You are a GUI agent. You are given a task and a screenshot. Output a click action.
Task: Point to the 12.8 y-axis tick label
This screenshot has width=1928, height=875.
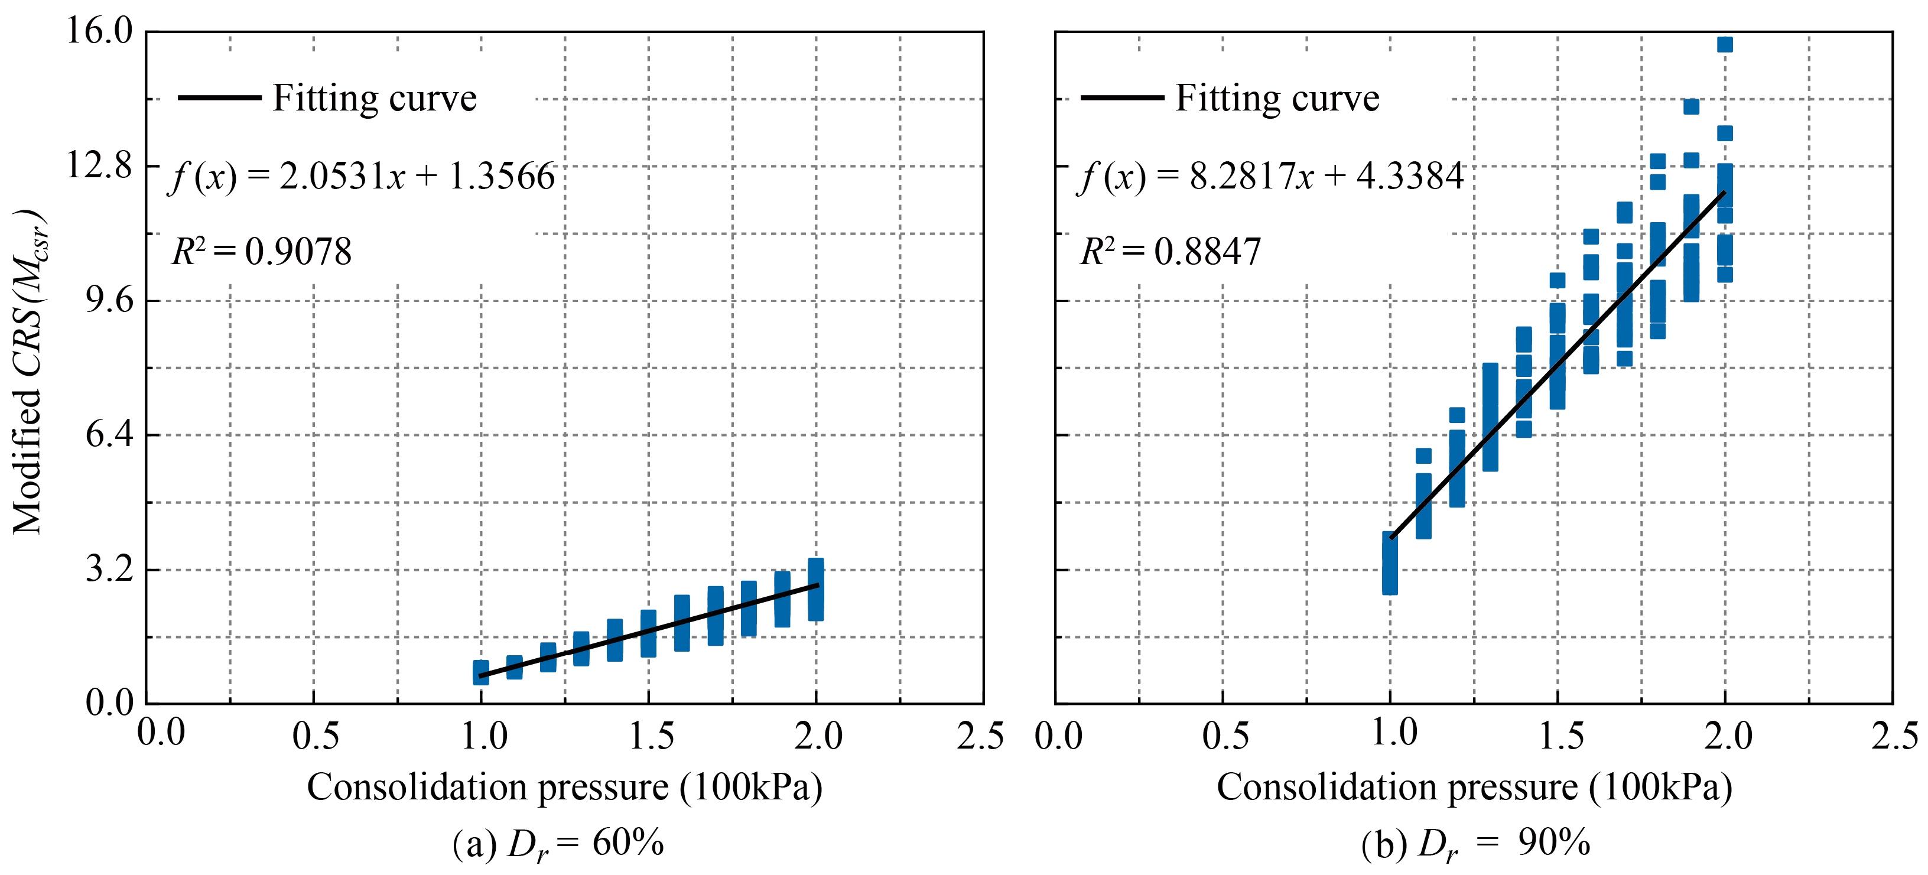99,165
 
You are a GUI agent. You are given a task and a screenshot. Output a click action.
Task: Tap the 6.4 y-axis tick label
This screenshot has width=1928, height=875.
109,434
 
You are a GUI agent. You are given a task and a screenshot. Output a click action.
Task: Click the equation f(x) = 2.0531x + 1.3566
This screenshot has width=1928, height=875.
363,177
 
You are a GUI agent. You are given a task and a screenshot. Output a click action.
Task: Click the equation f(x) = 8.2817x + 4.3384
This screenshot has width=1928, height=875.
1272,177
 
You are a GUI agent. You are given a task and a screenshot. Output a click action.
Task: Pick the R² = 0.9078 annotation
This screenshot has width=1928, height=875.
261,252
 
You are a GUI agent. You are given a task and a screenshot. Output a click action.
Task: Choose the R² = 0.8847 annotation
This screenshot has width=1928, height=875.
1171,252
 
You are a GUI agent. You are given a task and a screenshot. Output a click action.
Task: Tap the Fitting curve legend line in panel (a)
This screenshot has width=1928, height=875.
219,97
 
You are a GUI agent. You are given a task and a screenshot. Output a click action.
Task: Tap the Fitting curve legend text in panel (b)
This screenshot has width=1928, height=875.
1277,99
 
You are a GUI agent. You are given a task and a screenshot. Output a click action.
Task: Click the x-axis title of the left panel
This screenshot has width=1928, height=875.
564,788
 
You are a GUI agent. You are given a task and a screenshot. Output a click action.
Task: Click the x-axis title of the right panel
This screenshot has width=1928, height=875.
1474,788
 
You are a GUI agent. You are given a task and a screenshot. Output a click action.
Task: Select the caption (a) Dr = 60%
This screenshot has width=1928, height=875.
558,844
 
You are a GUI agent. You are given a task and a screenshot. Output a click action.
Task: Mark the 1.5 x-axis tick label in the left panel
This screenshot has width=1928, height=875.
651,737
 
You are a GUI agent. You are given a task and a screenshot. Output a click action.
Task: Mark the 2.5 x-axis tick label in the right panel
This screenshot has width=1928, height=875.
1894,737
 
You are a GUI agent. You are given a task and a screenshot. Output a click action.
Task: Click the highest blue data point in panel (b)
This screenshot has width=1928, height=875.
1724,44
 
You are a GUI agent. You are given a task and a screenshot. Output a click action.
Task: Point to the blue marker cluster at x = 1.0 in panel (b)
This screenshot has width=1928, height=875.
1390,563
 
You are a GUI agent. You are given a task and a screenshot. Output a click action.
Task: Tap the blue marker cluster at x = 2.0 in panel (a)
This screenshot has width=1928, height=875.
816,589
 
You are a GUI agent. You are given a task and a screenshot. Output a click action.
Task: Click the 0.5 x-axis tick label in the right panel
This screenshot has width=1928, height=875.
1225,737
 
